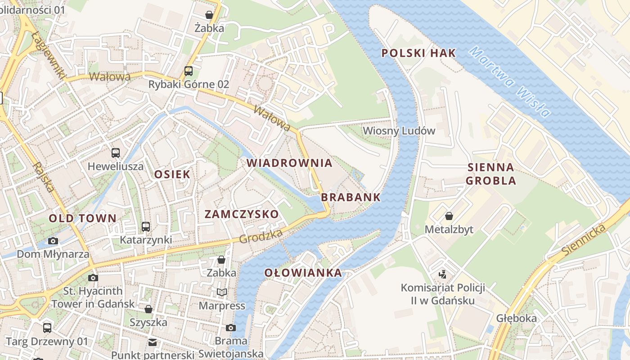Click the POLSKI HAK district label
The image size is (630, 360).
pyautogui.click(x=418, y=53)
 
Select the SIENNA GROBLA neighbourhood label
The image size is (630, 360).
pyautogui.click(x=490, y=174)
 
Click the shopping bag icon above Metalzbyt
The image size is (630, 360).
pyautogui.click(x=449, y=216)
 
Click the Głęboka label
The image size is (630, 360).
pyautogui.click(x=516, y=319)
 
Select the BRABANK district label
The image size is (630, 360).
pyautogui.click(x=351, y=197)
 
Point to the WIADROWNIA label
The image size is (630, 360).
pyautogui.click(x=289, y=163)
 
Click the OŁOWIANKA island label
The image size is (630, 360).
pyautogui.click(x=303, y=273)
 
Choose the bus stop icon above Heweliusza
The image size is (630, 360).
pyautogui.click(x=116, y=153)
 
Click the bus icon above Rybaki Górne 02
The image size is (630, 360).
pyautogui.click(x=189, y=71)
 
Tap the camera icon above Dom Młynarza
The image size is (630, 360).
pyautogui.click(x=53, y=241)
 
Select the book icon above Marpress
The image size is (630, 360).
pyautogui.click(x=221, y=292)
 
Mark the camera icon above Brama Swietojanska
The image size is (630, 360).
pyautogui.click(x=231, y=328)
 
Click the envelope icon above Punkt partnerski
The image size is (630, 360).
pyautogui.click(x=153, y=342)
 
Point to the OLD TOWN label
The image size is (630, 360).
pyautogui.click(x=82, y=219)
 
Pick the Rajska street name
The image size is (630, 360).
pyautogui.click(x=44, y=177)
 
